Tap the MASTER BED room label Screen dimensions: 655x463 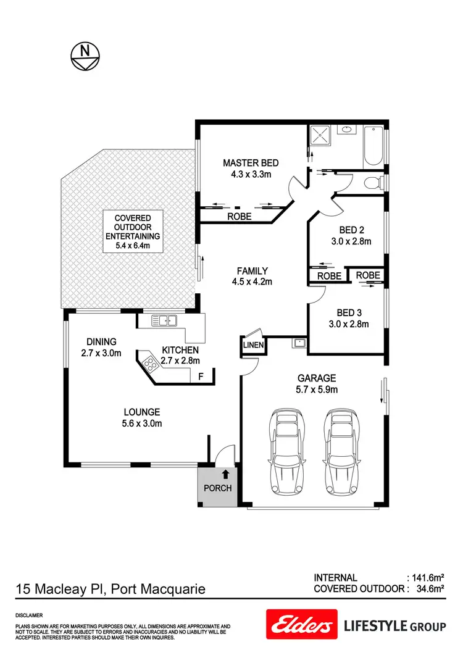click(251, 163)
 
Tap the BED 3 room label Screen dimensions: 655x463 click(349, 312)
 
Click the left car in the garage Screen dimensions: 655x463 click(286, 450)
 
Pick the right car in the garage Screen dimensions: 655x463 click(340, 450)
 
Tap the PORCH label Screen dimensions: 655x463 click(217, 488)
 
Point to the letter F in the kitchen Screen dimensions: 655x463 click(200, 375)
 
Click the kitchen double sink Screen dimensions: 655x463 click(164, 320)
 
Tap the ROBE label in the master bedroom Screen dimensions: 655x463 click(239, 217)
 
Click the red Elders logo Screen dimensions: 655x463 click(301, 624)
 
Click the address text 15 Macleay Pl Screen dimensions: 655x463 click(60, 590)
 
